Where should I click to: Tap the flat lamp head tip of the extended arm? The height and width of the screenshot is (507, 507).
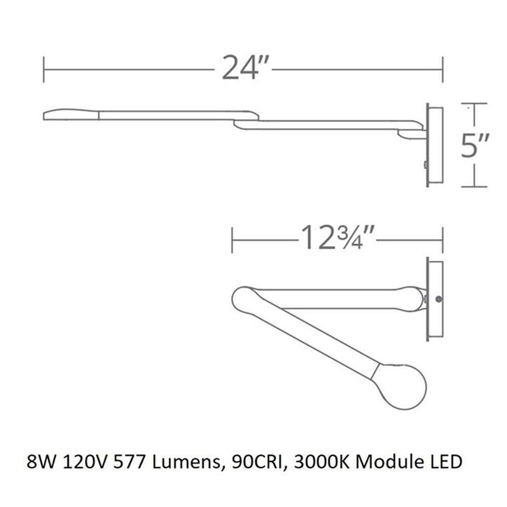[71, 114]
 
